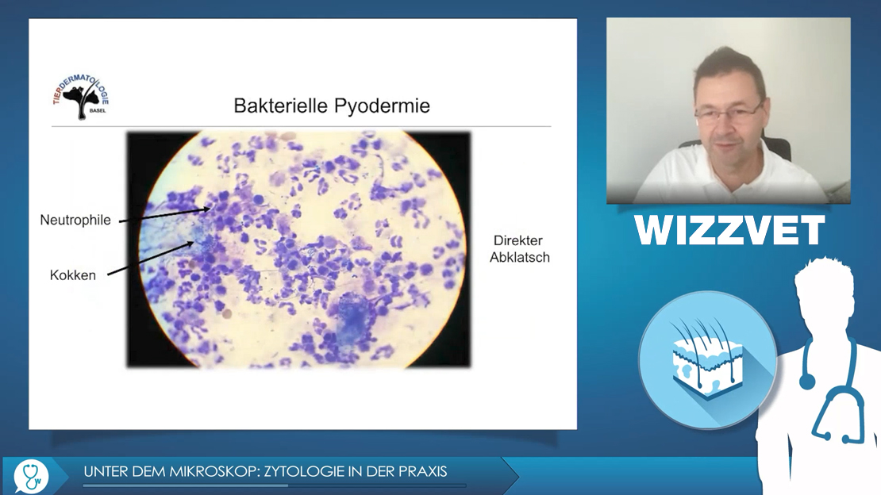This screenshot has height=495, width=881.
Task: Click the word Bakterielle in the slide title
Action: (x=281, y=106)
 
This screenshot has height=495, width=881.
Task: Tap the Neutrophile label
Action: (x=75, y=221)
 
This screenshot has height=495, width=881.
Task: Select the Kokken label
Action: (x=73, y=275)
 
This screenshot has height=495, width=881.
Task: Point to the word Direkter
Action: (x=518, y=240)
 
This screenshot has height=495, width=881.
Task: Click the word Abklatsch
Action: (x=520, y=257)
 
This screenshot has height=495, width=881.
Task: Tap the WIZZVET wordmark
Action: (x=729, y=230)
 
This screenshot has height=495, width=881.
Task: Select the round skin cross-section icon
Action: (x=707, y=359)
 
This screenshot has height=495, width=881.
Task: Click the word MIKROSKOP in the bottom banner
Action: (x=214, y=471)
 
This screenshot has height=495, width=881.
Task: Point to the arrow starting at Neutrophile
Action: (x=164, y=215)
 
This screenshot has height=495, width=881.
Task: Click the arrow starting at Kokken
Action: (x=151, y=259)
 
